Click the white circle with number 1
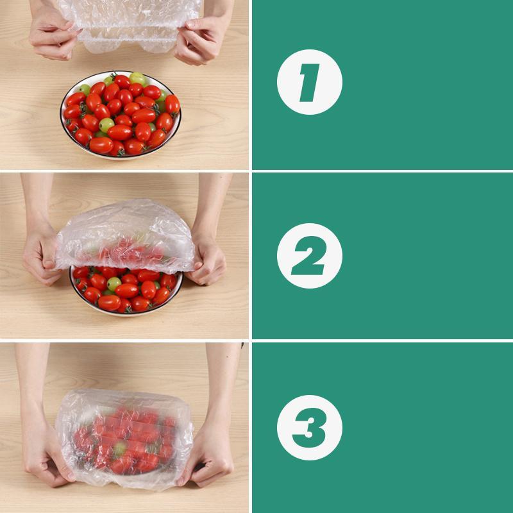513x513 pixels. point(310,82)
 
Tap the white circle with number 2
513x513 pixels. point(310,255)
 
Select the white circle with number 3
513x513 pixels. point(310,427)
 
